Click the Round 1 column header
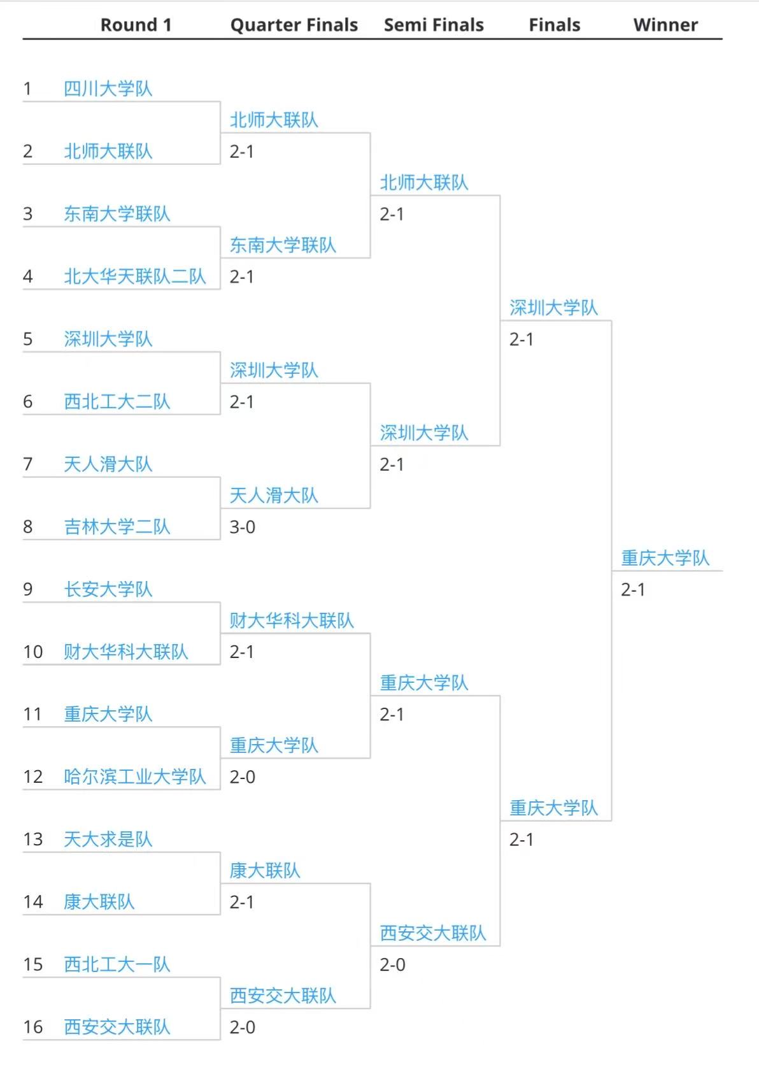(x=136, y=25)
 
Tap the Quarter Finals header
(x=294, y=25)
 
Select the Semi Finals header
(x=434, y=25)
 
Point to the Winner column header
(x=665, y=25)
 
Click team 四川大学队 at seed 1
(x=108, y=89)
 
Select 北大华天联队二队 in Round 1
(x=134, y=276)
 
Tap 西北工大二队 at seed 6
(x=117, y=401)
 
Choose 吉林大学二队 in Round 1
(x=117, y=527)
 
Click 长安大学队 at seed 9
(x=108, y=589)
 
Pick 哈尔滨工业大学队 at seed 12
(x=134, y=777)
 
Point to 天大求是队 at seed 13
(x=108, y=839)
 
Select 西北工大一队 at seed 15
(x=117, y=964)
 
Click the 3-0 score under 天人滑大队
(x=242, y=527)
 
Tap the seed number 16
(x=33, y=1027)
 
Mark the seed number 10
(x=33, y=652)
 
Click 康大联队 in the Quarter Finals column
(x=264, y=870)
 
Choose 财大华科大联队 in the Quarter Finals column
(x=291, y=620)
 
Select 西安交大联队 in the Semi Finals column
(x=432, y=933)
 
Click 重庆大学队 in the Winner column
(x=665, y=558)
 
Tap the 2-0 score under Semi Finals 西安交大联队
(x=392, y=964)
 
